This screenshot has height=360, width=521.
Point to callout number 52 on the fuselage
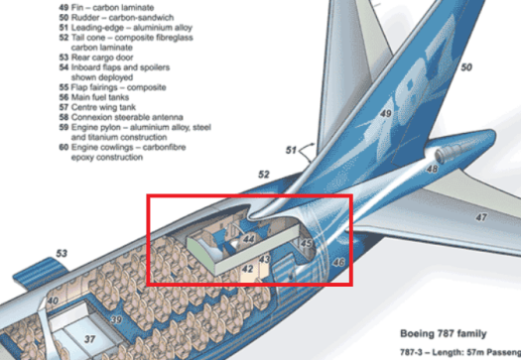coord(264,175)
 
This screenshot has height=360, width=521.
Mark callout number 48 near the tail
coord(432,170)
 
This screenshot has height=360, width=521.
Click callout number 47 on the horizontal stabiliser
coord(481,215)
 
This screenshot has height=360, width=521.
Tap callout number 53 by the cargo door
coord(62,255)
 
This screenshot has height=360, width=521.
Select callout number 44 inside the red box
coord(249,239)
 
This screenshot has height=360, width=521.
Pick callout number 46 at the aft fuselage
coord(338,262)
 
